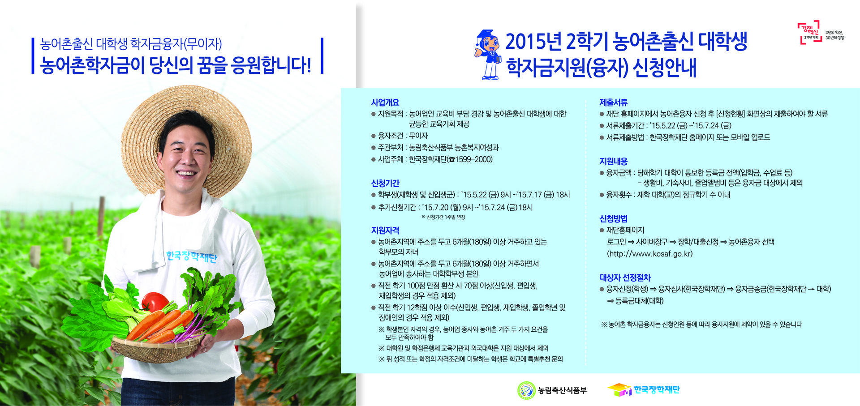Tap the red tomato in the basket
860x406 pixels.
click(x=154, y=302)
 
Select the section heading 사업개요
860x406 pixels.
click(x=385, y=103)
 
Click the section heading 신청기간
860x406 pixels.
click(x=385, y=183)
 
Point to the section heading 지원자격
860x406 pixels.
click(x=385, y=230)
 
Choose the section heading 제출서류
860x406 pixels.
click(x=613, y=103)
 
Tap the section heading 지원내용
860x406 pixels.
click(x=613, y=161)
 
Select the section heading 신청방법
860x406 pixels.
click(x=613, y=218)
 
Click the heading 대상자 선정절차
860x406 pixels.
click(x=625, y=278)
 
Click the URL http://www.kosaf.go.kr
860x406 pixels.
click(x=649, y=254)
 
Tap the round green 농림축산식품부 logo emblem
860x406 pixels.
click(x=526, y=390)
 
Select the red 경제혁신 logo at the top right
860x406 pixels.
click(x=810, y=32)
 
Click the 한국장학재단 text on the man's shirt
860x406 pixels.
click(x=191, y=256)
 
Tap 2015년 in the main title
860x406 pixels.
click(x=533, y=42)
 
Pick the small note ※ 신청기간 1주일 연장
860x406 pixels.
click(x=443, y=217)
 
